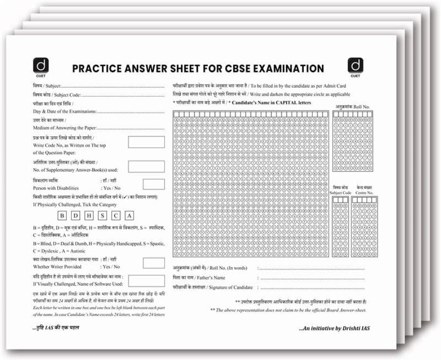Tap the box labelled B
click(62, 216)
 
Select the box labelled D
click(75, 216)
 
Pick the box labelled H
click(89, 216)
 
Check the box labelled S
click(102, 216)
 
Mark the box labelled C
click(116, 216)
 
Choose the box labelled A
click(129, 216)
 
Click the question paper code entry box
click(146, 142)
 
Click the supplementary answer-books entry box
click(146, 166)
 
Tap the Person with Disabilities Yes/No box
click(153, 184)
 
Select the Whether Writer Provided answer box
click(153, 263)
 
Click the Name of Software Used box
click(146, 281)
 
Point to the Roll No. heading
click(352, 106)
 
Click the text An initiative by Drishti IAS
click(332, 327)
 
